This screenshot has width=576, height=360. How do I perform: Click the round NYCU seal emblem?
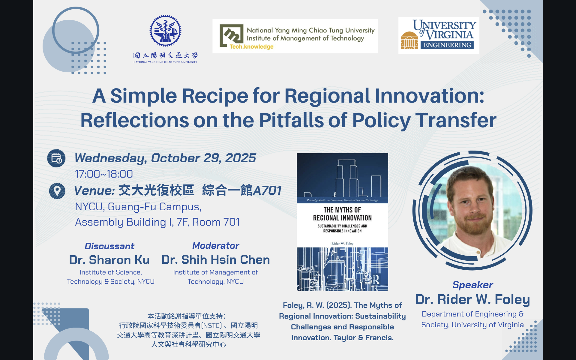[165, 31]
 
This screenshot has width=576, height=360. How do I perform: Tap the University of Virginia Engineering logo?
[439, 35]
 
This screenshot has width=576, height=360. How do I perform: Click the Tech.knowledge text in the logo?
[251, 47]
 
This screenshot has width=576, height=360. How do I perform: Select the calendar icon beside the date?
[56, 158]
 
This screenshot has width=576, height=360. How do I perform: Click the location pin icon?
[57, 191]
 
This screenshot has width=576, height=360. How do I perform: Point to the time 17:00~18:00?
[104, 174]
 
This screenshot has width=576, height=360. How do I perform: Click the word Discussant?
[109, 246]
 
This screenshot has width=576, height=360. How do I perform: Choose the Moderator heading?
[216, 246]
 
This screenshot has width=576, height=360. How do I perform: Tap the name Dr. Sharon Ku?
[109, 260]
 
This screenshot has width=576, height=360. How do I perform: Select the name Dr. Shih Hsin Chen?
[216, 259]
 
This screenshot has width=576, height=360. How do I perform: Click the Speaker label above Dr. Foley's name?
[473, 285]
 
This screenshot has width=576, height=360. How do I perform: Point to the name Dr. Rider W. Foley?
[473, 299]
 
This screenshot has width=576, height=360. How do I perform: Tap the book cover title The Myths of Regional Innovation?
[342, 214]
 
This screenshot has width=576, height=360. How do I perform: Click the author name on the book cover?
[342, 244]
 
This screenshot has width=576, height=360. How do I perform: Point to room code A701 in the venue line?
[267, 190]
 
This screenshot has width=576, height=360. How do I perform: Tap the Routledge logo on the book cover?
[376, 280]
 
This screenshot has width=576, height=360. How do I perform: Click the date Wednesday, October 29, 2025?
[165, 158]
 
